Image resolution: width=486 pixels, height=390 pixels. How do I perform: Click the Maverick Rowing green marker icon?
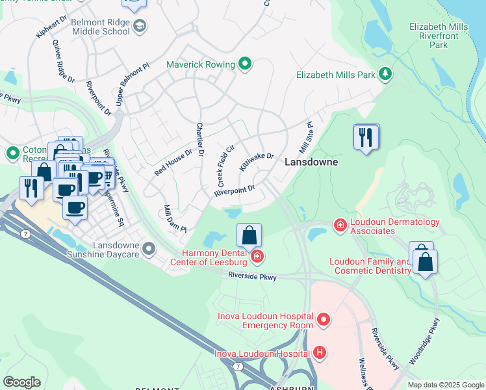pyautogui.click(x=245, y=64)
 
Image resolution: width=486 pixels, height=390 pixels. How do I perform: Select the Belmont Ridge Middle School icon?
pyautogui.click(x=139, y=26)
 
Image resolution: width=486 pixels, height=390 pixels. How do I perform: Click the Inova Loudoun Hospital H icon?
pyautogui.click(x=319, y=353)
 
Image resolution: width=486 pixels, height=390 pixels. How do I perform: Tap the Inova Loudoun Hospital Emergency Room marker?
pyautogui.click(x=324, y=319)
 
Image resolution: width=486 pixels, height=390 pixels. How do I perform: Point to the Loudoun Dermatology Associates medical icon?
pyautogui.click(x=339, y=226)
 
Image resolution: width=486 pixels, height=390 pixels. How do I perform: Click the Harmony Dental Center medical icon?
pyautogui.click(x=257, y=257)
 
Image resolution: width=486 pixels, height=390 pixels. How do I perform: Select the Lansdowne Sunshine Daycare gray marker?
pyautogui.click(x=149, y=248)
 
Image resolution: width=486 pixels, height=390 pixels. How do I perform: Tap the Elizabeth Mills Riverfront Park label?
pyautogui.click(x=439, y=36)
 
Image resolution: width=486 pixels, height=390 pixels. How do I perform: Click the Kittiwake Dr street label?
pyautogui.click(x=257, y=162)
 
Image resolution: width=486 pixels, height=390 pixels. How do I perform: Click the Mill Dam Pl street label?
pyautogui.click(x=175, y=220)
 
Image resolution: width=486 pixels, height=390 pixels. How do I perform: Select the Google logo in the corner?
pyautogui.click(x=21, y=382)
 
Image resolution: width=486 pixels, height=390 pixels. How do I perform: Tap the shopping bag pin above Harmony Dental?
pyautogui.click(x=249, y=235)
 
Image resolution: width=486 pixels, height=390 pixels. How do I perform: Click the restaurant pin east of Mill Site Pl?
pyautogui.click(x=366, y=137)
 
